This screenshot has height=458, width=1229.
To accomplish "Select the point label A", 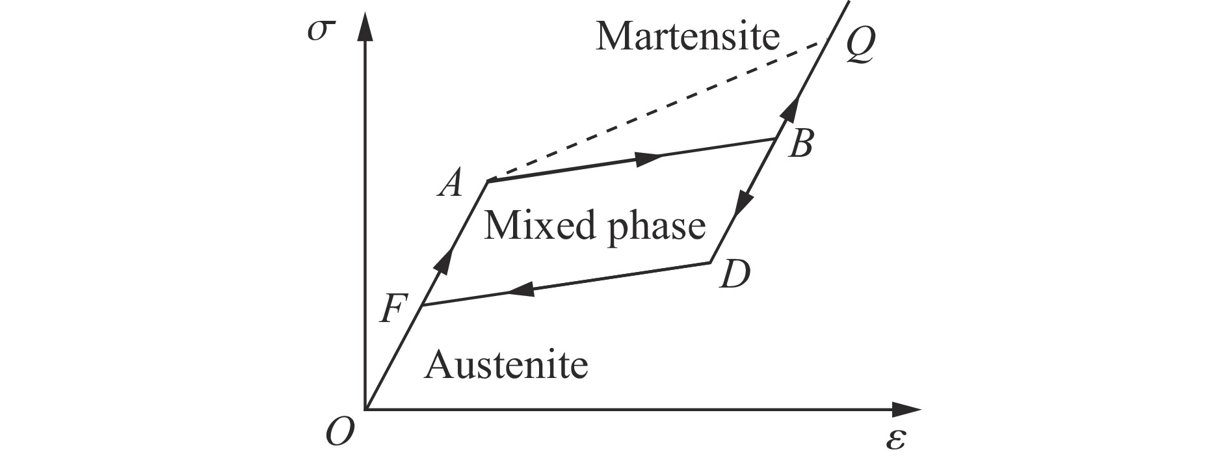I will click(450, 184).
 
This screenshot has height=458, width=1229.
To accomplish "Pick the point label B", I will click(800, 144).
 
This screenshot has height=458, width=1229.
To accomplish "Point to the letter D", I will click(736, 275).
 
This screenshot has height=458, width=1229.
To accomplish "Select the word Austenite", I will click(506, 365).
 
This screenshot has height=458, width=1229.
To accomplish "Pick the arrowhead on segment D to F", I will click(520, 290).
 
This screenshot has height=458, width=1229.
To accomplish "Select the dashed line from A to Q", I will click(657, 109).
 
